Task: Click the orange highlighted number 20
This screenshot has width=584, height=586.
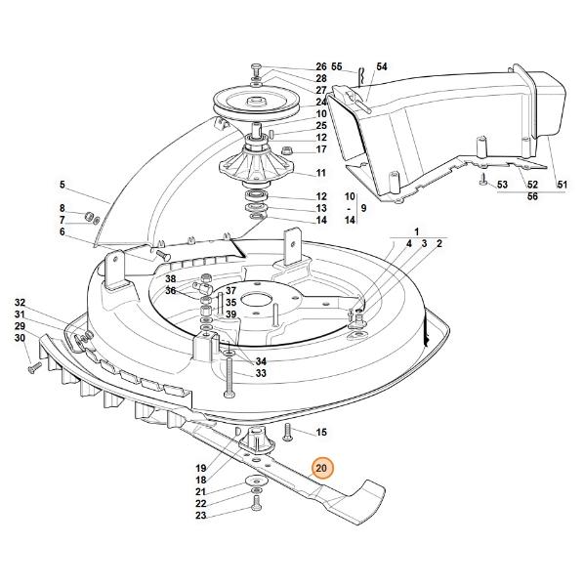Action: pos(321,468)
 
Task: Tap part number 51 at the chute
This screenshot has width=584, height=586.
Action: pos(562,185)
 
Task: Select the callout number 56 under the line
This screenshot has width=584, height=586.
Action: pos(532,196)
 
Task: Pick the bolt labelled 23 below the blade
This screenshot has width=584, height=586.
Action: pos(256,503)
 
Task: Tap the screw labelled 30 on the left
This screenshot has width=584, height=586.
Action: pos(35,367)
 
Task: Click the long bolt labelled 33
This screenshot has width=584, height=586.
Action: pos(229,377)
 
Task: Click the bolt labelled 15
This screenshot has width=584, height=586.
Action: pos(287,432)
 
